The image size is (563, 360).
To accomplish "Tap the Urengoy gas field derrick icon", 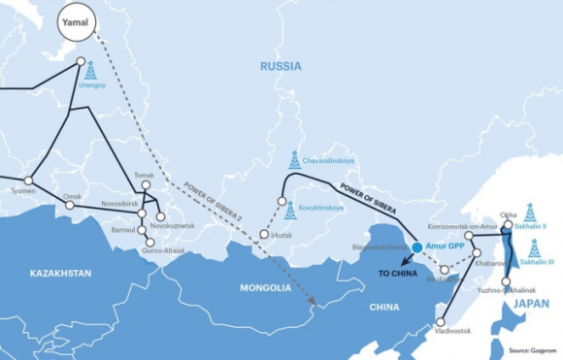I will coord(90,69).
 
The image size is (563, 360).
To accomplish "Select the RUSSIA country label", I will coord(280,66).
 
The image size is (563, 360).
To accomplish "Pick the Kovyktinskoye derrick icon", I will coord(290,209).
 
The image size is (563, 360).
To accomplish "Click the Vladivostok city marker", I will coord(441,322).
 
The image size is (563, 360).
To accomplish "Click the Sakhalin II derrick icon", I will coord(530,212).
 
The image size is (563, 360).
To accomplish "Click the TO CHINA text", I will coord(398,275).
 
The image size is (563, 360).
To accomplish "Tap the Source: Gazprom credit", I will coord(532,351).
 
